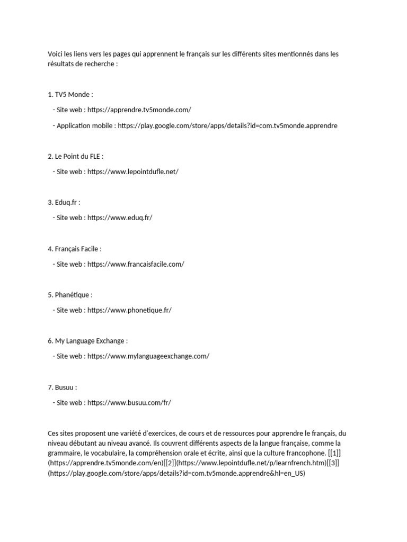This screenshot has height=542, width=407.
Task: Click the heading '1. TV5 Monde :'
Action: (x=70, y=95)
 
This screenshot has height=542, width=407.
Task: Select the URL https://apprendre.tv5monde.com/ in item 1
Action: (x=139, y=110)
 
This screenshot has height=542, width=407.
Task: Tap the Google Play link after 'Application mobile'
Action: (x=227, y=125)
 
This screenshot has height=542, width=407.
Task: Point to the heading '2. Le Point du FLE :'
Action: (x=76, y=156)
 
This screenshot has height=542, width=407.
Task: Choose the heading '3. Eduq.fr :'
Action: (x=64, y=202)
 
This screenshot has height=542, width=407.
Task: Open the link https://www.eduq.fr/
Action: (x=120, y=218)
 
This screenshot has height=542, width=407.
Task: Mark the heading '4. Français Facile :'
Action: (x=75, y=248)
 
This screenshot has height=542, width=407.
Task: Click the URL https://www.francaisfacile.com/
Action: (x=136, y=264)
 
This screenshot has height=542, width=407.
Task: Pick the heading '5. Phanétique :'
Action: (x=70, y=294)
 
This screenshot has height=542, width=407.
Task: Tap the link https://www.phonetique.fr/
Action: (x=129, y=310)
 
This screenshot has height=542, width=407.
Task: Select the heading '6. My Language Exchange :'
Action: (x=87, y=340)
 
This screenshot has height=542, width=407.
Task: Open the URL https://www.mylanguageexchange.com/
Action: (x=148, y=356)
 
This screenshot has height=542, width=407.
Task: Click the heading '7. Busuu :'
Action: (x=63, y=387)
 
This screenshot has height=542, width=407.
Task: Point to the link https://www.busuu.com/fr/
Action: (x=129, y=402)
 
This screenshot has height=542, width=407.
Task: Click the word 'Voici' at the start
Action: (x=56, y=54)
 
